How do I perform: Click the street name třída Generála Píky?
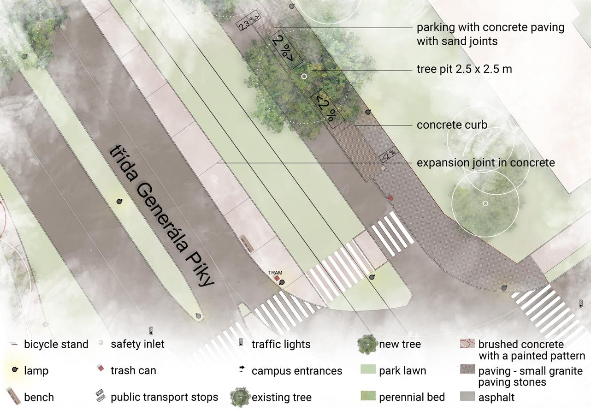[161, 215]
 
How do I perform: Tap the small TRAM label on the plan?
[275, 273]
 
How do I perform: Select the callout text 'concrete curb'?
[452, 125]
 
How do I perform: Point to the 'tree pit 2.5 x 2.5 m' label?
[464, 69]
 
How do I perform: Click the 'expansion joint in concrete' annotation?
[485, 163]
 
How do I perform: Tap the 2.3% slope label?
[249, 23]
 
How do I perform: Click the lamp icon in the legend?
[15, 370]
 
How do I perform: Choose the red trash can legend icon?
[100, 369]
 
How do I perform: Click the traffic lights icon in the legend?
[241, 342]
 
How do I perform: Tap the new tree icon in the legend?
[367, 344]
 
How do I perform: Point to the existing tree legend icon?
[240, 397]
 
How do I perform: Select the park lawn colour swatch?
[367, 370]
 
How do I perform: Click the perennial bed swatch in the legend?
[367, 396]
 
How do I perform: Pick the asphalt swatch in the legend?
[467, 396]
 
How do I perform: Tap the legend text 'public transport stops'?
[164, 397]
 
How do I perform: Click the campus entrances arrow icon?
[241, 369]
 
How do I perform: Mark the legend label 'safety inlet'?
[137, 344]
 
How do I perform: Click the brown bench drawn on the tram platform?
[247, 243]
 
